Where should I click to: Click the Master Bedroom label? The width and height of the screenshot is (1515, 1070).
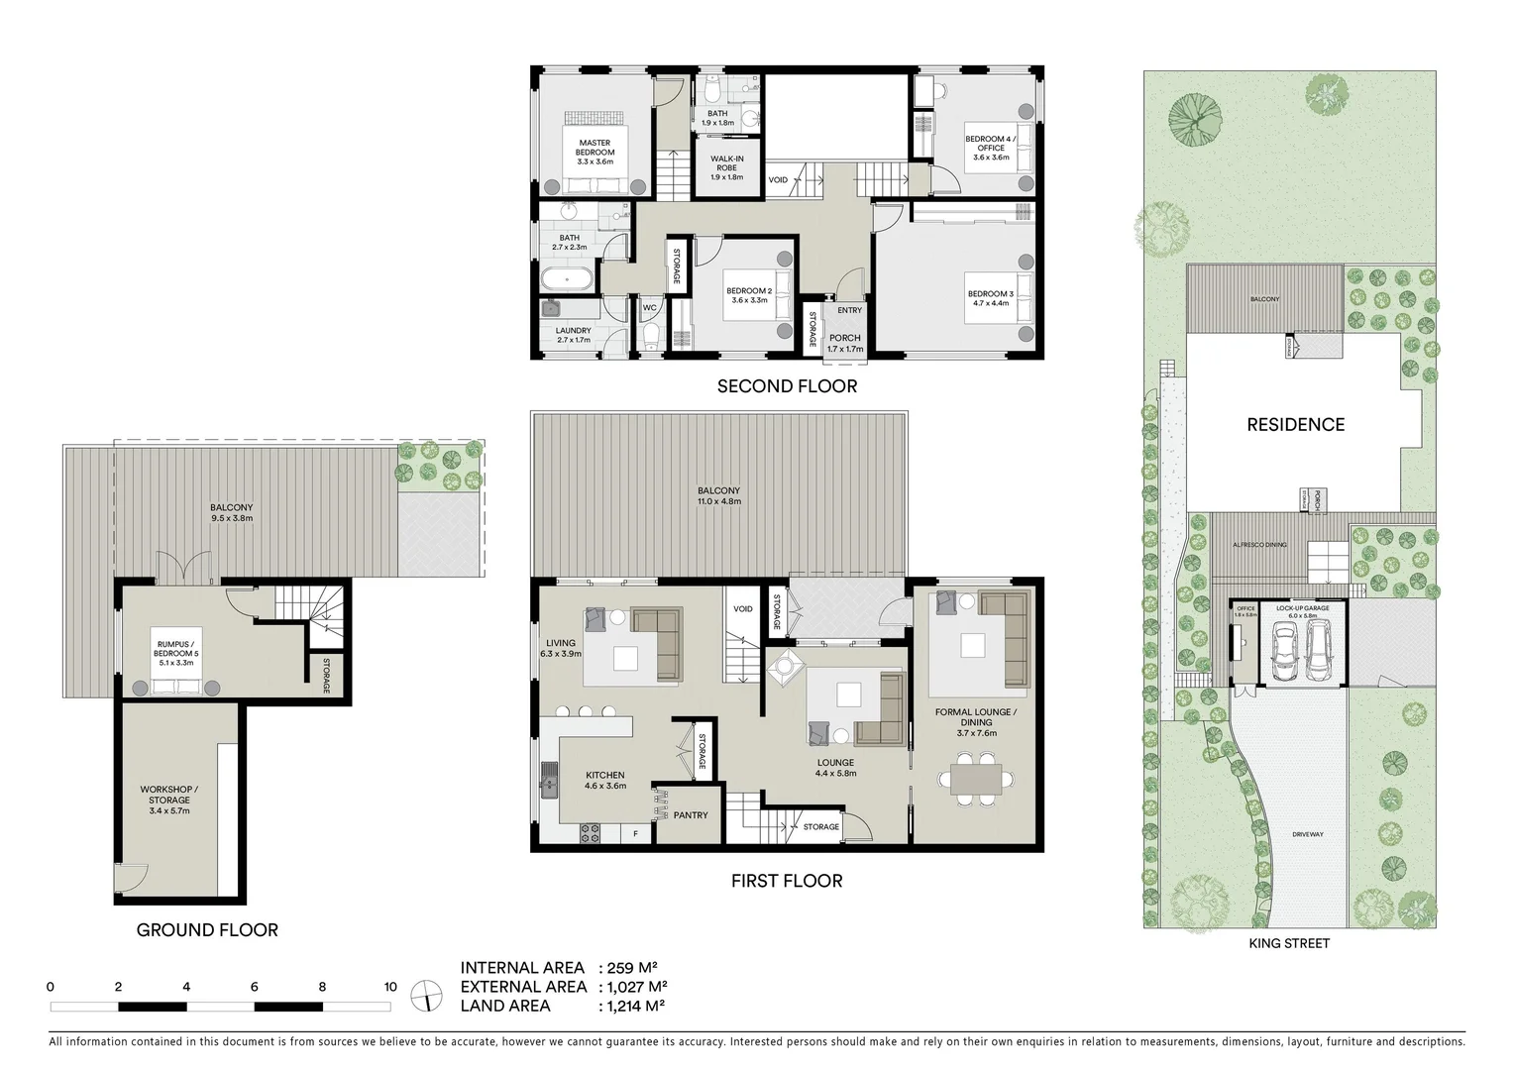(595, 152)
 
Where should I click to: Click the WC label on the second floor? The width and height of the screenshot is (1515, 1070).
(650, 308)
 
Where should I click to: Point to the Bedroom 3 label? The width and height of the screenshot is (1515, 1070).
(990, 299)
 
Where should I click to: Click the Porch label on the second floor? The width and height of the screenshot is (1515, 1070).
(845, 343)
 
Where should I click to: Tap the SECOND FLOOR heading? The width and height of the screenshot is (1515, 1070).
(787, 386)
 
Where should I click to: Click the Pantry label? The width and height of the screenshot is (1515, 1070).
(691, 815)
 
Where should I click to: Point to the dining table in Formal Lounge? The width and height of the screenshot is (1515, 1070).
(978, 776)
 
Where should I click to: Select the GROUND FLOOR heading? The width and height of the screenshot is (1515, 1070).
(207, 930)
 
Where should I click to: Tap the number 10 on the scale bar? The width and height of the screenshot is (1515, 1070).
(390, 987)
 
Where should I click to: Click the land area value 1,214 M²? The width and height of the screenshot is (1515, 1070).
(631, 1006)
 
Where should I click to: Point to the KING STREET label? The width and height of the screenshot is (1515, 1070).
(1288, 944)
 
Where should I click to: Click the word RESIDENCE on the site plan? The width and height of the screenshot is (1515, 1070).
(1295, 425)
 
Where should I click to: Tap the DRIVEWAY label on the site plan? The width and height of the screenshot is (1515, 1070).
(1307, 834)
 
